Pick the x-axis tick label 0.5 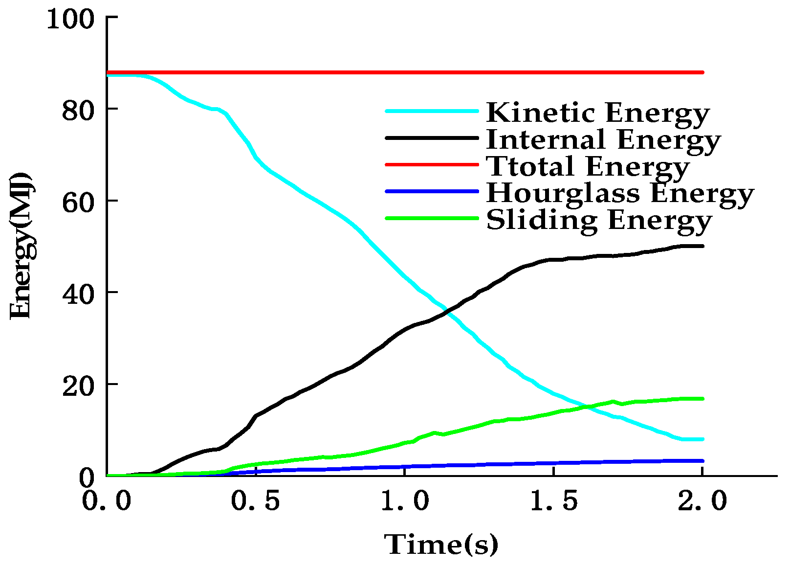[255, 501]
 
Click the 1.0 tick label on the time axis [405, 501]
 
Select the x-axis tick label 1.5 [554, 501]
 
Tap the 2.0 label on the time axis [703, 501]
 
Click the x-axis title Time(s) [441, 545]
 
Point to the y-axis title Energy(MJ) [22, 246]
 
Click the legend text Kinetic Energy [597, 113]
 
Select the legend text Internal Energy [603, 140]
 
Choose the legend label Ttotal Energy [588, 166]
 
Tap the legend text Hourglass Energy [620, 194]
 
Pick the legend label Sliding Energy [599, 221]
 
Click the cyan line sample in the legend [432, 111]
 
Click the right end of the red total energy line [702, 72]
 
